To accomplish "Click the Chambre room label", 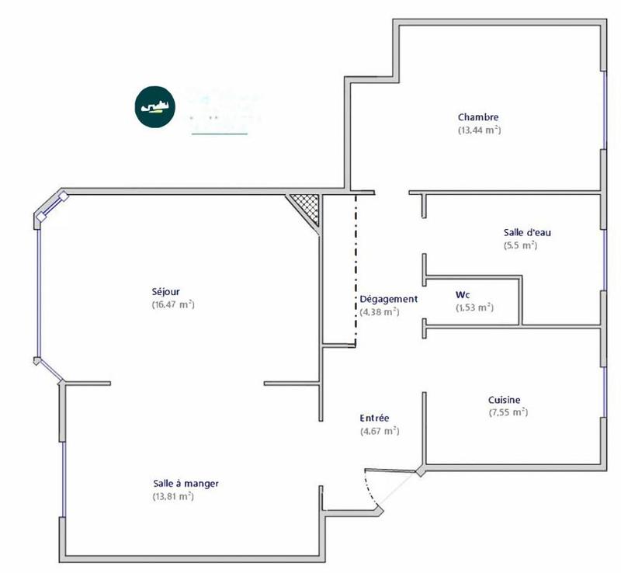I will [x=478, y=117].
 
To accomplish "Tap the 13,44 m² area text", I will [x=479, y=130].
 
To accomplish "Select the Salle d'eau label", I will [x=527, y=232].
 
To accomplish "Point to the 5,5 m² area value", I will [x=520, y=245].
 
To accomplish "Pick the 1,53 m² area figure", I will [x=474, y=307].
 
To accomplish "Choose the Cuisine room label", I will [x=505, y=400].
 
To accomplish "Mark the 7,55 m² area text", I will [x=508, y=412].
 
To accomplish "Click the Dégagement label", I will [x=388, y=299].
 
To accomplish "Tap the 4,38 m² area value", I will [x=379, y=311].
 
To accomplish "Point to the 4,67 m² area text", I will [x=379, y=430].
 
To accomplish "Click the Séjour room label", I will [x=166, y=292].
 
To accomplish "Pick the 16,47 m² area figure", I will [x=173, y=304].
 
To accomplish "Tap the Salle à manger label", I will [x=186, y=483].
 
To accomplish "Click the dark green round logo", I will [x=154, y=107].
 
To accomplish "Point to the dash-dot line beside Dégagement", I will [x=356, y=268].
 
